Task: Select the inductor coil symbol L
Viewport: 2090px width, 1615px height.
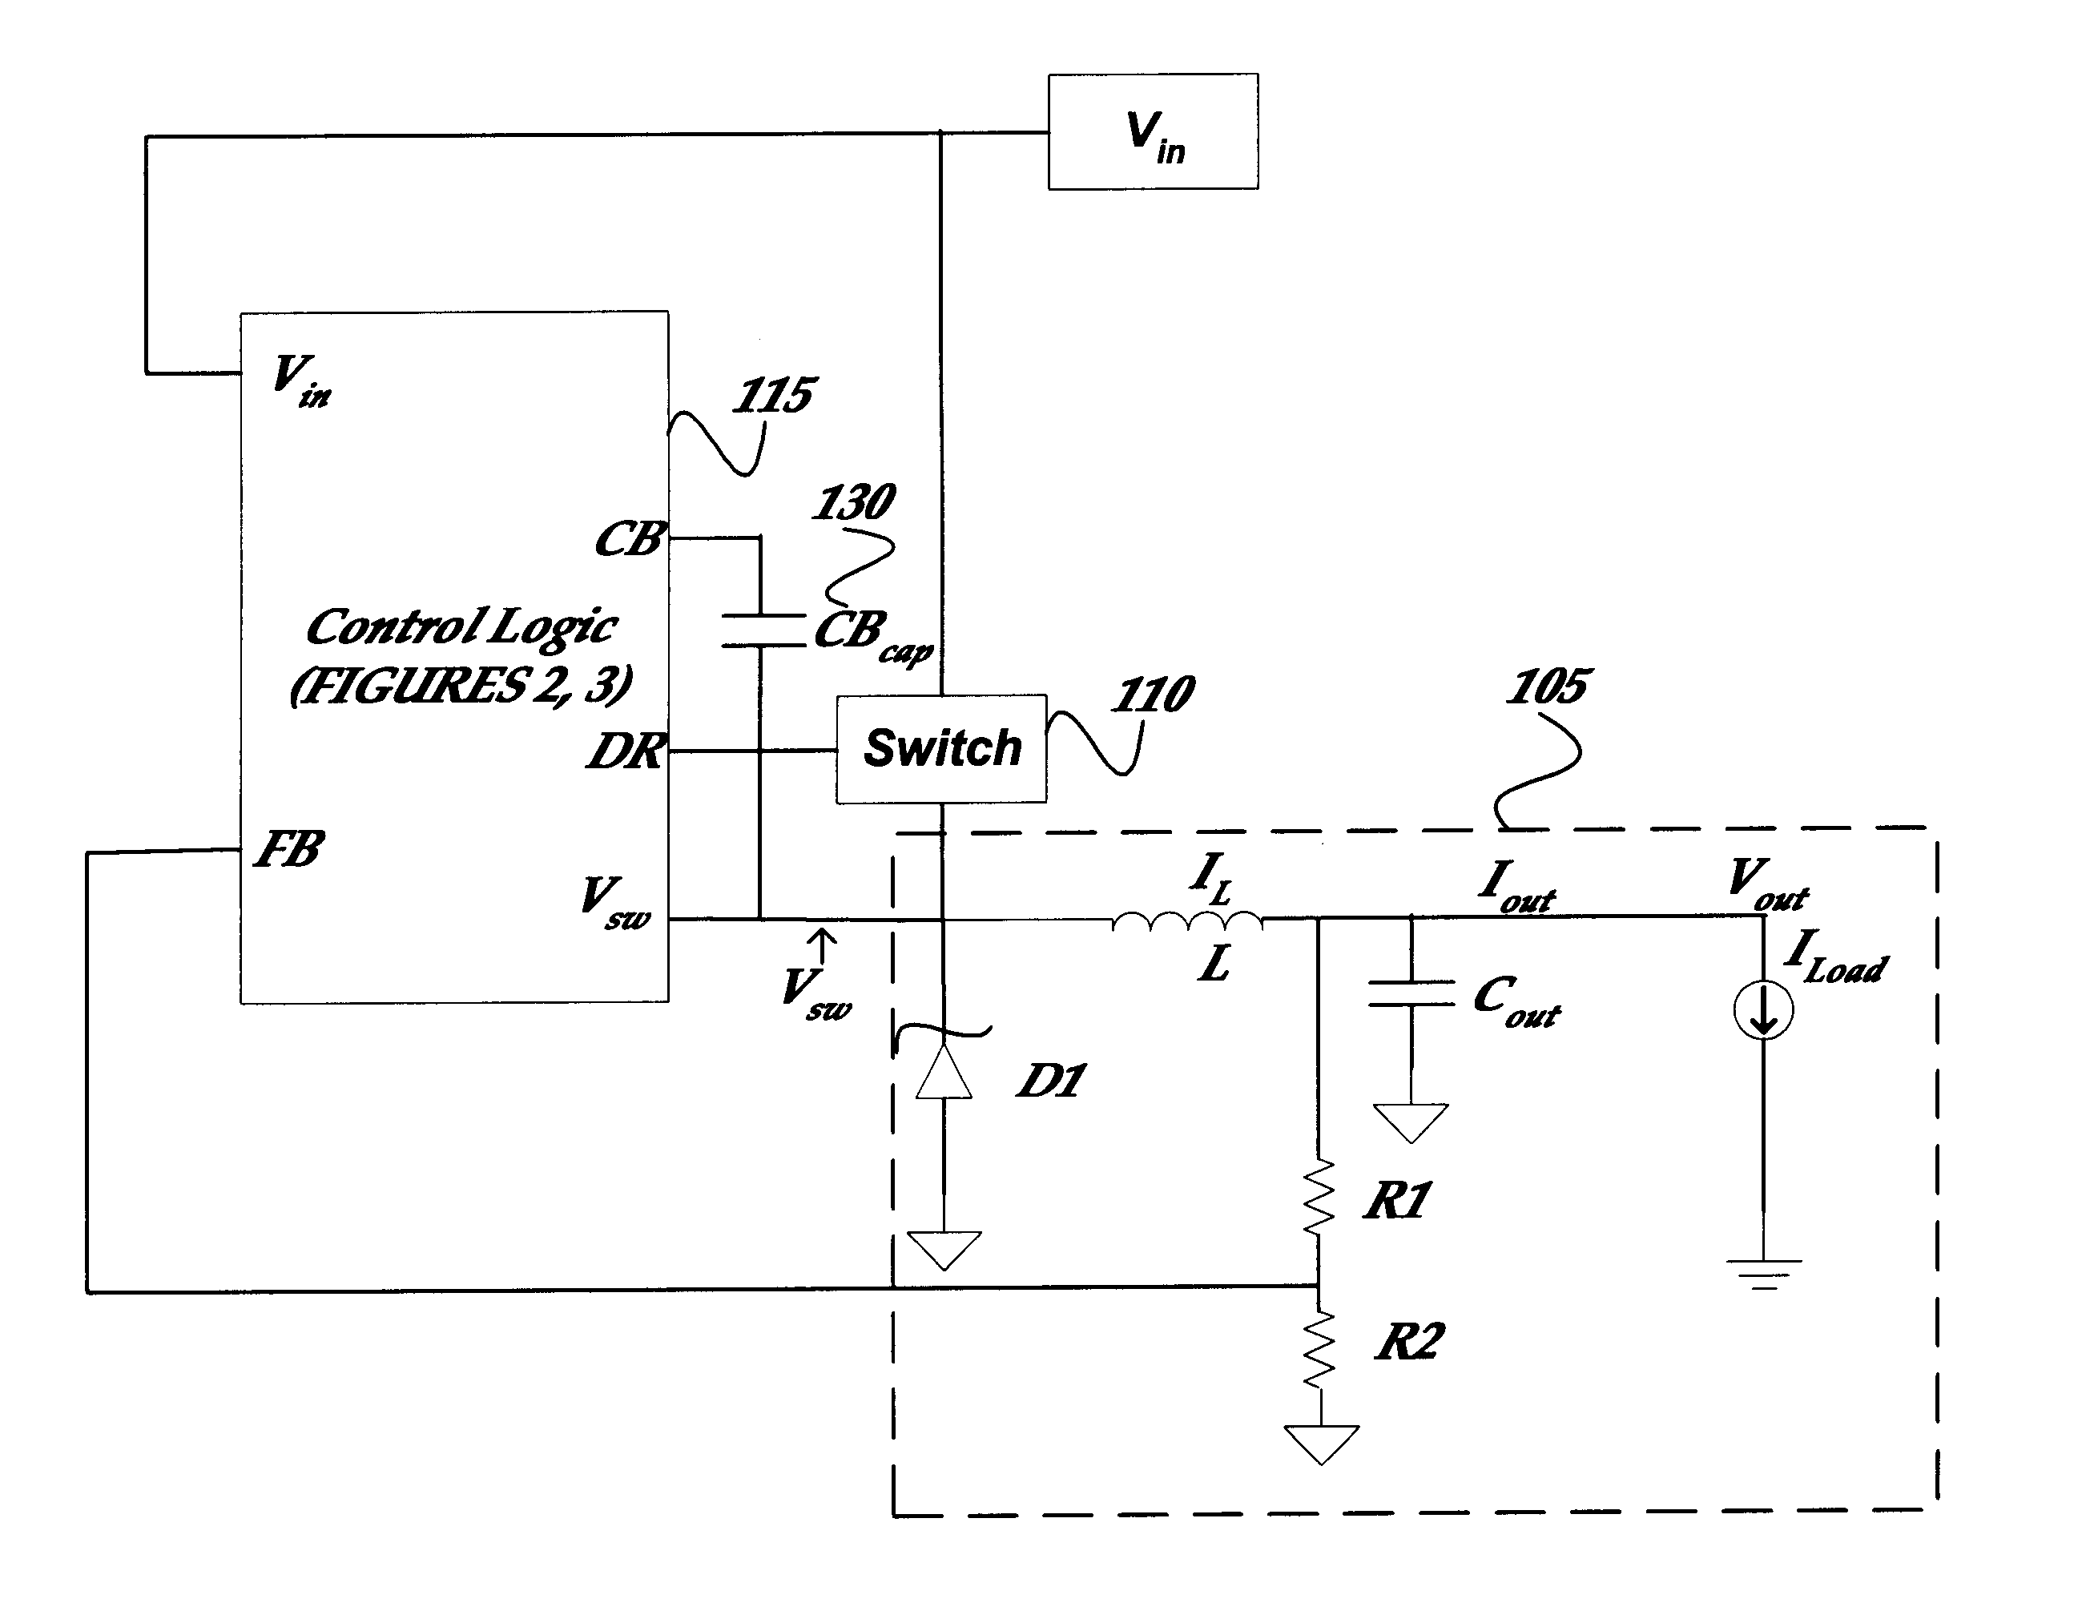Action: coord(1187,920)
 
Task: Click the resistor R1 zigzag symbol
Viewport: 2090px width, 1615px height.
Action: coord(1319,1196)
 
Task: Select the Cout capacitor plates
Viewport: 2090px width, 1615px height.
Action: coord(1411,993)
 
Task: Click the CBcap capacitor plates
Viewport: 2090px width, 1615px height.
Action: coord(762,630)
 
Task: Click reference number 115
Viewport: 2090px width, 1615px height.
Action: coord(773,395)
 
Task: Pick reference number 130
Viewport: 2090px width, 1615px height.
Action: coord(854,502)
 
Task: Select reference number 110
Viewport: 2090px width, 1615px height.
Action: coord(1152,694)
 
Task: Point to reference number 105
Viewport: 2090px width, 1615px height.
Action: coord(1548,686)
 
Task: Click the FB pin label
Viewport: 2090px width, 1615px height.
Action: coord(289,848)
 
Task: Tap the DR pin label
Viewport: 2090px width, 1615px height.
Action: coord(626,751)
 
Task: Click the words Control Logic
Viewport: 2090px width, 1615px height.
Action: coord(461,627)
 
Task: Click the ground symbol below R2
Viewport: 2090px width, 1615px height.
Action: coord(1322,1444)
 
